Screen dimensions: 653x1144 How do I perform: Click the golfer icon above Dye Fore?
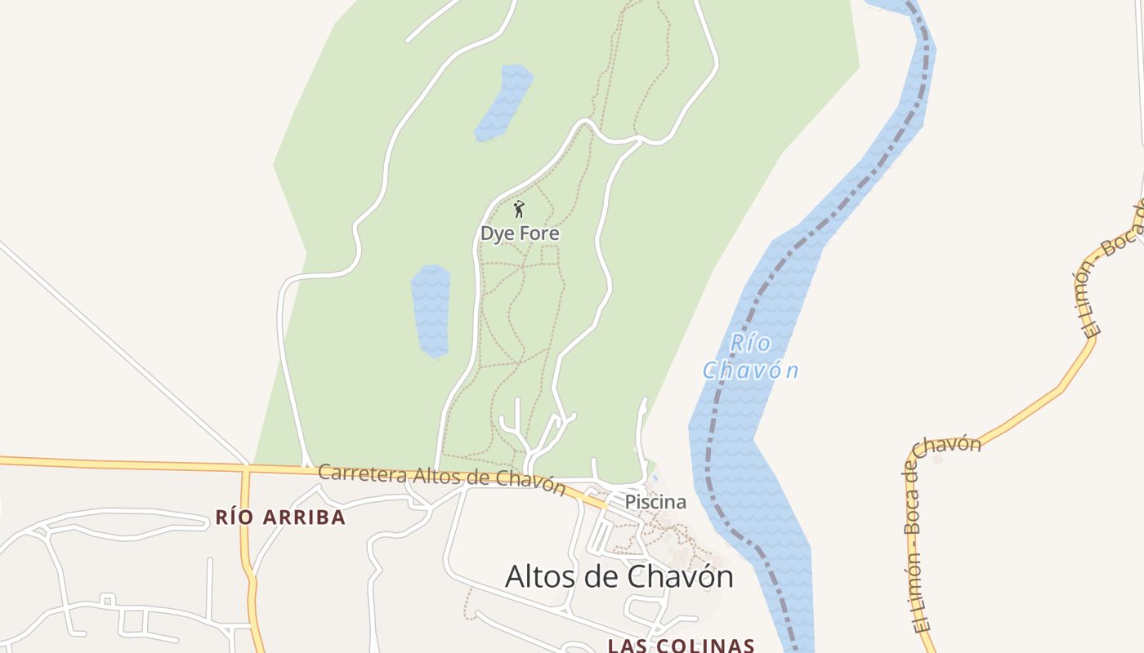coord(518,210)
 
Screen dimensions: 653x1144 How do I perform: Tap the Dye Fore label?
coord(520,233)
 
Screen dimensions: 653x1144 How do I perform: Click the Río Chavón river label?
coord(750,357)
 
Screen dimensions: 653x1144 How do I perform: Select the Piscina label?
coord(655,502)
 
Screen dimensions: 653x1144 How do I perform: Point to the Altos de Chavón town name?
coord(619,576)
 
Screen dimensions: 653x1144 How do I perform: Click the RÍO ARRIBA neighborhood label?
coord(280,517)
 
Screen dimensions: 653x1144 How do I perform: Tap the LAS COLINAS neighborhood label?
coord(681,646)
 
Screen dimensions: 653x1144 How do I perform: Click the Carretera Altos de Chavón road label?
coord(441,478)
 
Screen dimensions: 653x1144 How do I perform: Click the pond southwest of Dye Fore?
coord(431,311)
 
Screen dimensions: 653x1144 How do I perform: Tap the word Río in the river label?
coord(750,343)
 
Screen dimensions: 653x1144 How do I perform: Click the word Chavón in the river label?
coord(750,371)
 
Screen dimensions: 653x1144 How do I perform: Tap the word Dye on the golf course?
coord(495,233)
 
